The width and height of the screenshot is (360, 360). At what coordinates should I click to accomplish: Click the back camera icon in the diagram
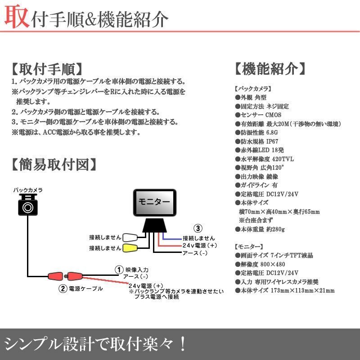(28, 206)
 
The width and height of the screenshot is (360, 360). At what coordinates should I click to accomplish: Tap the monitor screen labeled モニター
(154, 202)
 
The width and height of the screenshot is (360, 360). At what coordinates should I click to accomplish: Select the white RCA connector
(130, 237)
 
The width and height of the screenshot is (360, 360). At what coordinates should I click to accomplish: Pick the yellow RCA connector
(130, 247)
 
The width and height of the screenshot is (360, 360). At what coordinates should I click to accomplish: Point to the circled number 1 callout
(119, 270)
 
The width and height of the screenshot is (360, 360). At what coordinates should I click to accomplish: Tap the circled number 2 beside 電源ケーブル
(64, 288)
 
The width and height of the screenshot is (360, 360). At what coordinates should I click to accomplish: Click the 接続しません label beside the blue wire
(198, 238)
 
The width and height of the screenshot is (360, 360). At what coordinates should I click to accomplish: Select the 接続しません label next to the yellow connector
(105, 248)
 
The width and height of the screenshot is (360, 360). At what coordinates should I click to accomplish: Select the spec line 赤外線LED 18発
(259, 149)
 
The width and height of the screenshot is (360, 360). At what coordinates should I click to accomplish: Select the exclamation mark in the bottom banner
(182, 344)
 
